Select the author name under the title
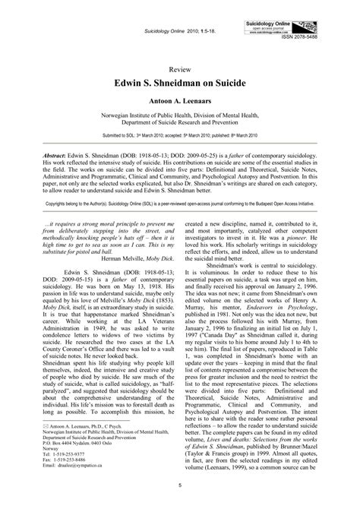pos(180,99)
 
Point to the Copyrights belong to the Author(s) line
pos(180,204)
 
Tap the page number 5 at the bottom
pos(180,484)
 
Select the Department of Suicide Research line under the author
pos(180,120)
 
